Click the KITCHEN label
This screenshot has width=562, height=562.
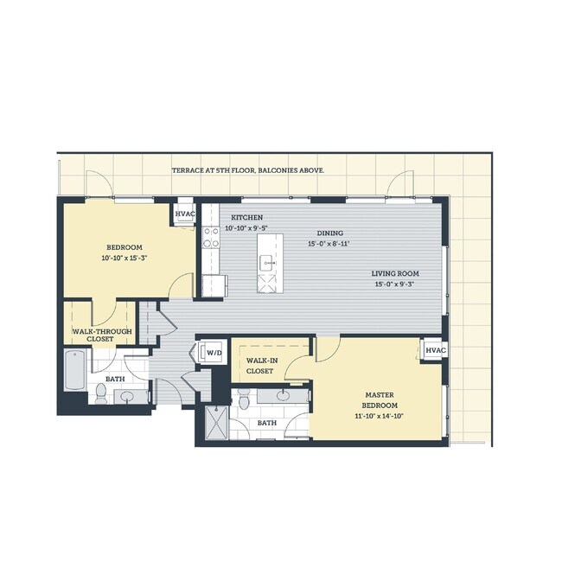[246, 217]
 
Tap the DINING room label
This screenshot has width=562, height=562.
[329, 233]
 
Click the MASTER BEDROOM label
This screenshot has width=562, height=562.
[380, 400]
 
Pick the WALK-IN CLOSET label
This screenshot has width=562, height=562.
[261, 365]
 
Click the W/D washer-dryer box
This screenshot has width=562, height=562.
[212, 352]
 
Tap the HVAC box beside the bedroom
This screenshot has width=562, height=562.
[185, 214]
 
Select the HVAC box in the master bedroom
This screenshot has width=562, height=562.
[434, 349]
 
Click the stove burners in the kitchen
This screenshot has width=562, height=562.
[210, 238]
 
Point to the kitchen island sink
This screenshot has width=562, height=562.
[269, 262]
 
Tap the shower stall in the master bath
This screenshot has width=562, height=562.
[211, 423]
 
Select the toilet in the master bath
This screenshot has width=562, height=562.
[245, 400]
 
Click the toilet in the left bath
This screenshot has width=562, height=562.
[101, 393]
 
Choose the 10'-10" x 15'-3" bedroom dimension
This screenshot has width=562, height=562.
[125, 257]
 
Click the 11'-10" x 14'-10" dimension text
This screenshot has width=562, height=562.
[380, 416]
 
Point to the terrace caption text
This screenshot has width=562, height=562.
[248, 171]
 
